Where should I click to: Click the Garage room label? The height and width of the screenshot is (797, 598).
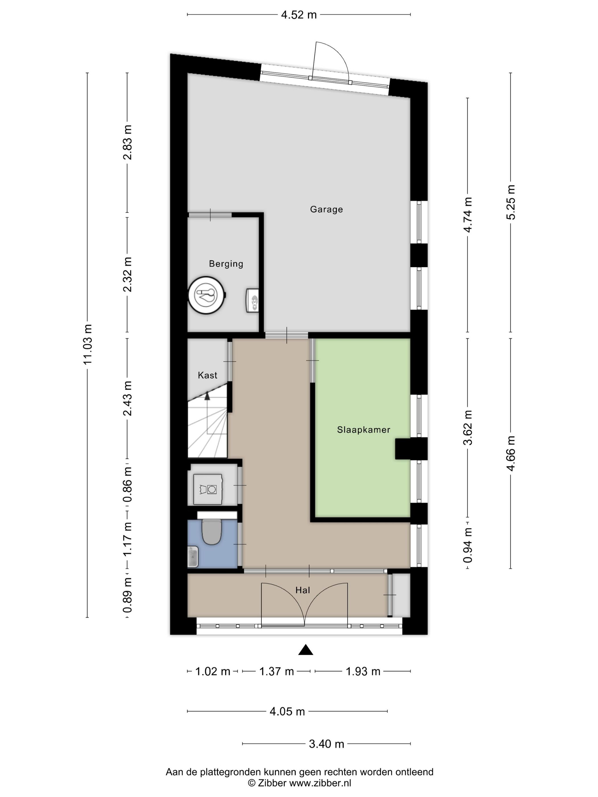(326, 209)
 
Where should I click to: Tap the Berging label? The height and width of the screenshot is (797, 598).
(226, 264)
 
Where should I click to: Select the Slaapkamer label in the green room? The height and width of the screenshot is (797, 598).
(363, 430)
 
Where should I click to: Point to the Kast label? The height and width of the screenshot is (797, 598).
(208, 375)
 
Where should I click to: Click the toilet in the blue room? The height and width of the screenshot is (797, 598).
(212, 532)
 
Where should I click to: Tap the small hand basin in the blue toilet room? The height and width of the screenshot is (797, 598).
(193, 557)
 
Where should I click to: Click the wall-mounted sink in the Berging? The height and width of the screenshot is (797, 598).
(253, 300)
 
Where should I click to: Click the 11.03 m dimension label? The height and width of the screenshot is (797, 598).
(88, 344)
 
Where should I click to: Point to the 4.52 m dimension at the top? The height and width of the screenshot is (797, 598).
(299, 15)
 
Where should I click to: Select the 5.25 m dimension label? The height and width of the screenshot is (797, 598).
(511, 202)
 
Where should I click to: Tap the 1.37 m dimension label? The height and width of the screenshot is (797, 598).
(277, 671)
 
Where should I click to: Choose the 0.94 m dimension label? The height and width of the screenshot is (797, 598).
(468, 545)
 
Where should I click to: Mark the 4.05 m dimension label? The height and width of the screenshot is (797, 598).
(287, 712)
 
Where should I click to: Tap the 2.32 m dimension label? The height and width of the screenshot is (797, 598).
(127, 275)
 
